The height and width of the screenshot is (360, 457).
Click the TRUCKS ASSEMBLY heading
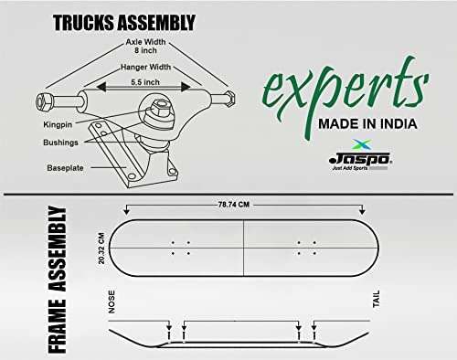(x=124, y=23)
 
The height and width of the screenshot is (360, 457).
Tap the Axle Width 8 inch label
(x=145, y=46)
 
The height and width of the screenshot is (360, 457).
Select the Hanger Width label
(x=145, y=67)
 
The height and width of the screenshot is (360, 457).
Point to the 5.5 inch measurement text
(x=145, y=82)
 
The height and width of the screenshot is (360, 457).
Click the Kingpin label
(x=58, y=124)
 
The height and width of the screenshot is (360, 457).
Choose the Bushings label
(x=60, y=143)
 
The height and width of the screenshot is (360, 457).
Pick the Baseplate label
(x=65, y=168)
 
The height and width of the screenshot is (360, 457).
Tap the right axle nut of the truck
(x=229, y=99)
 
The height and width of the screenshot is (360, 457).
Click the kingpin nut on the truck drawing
(x=159, y=108)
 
